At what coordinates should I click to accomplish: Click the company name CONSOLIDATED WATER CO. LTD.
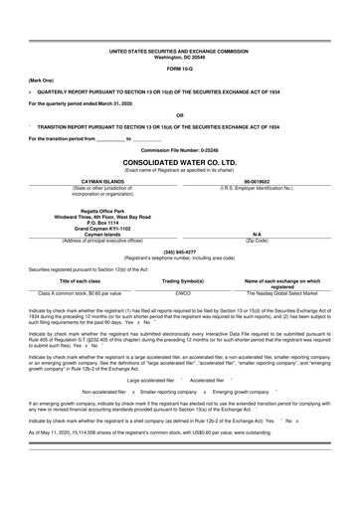[179, 160]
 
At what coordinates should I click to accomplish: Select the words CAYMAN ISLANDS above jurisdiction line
[82, 181]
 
